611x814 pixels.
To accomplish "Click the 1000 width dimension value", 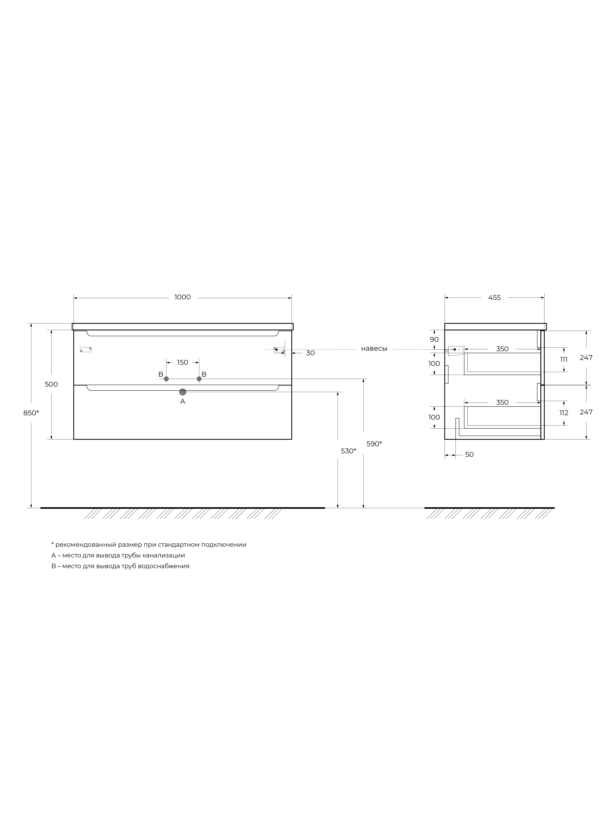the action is coord(183,297).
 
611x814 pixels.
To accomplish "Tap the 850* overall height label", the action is coord(31,413).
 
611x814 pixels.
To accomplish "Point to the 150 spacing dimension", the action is coord(183,363).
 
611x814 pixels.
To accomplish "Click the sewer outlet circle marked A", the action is coord(183,392).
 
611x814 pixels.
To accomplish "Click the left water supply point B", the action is coord(166,379).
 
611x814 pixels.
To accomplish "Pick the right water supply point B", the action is coord(199,379).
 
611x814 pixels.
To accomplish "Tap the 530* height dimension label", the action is coord(348,451).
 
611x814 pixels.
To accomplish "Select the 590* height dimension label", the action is coord(374,444).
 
